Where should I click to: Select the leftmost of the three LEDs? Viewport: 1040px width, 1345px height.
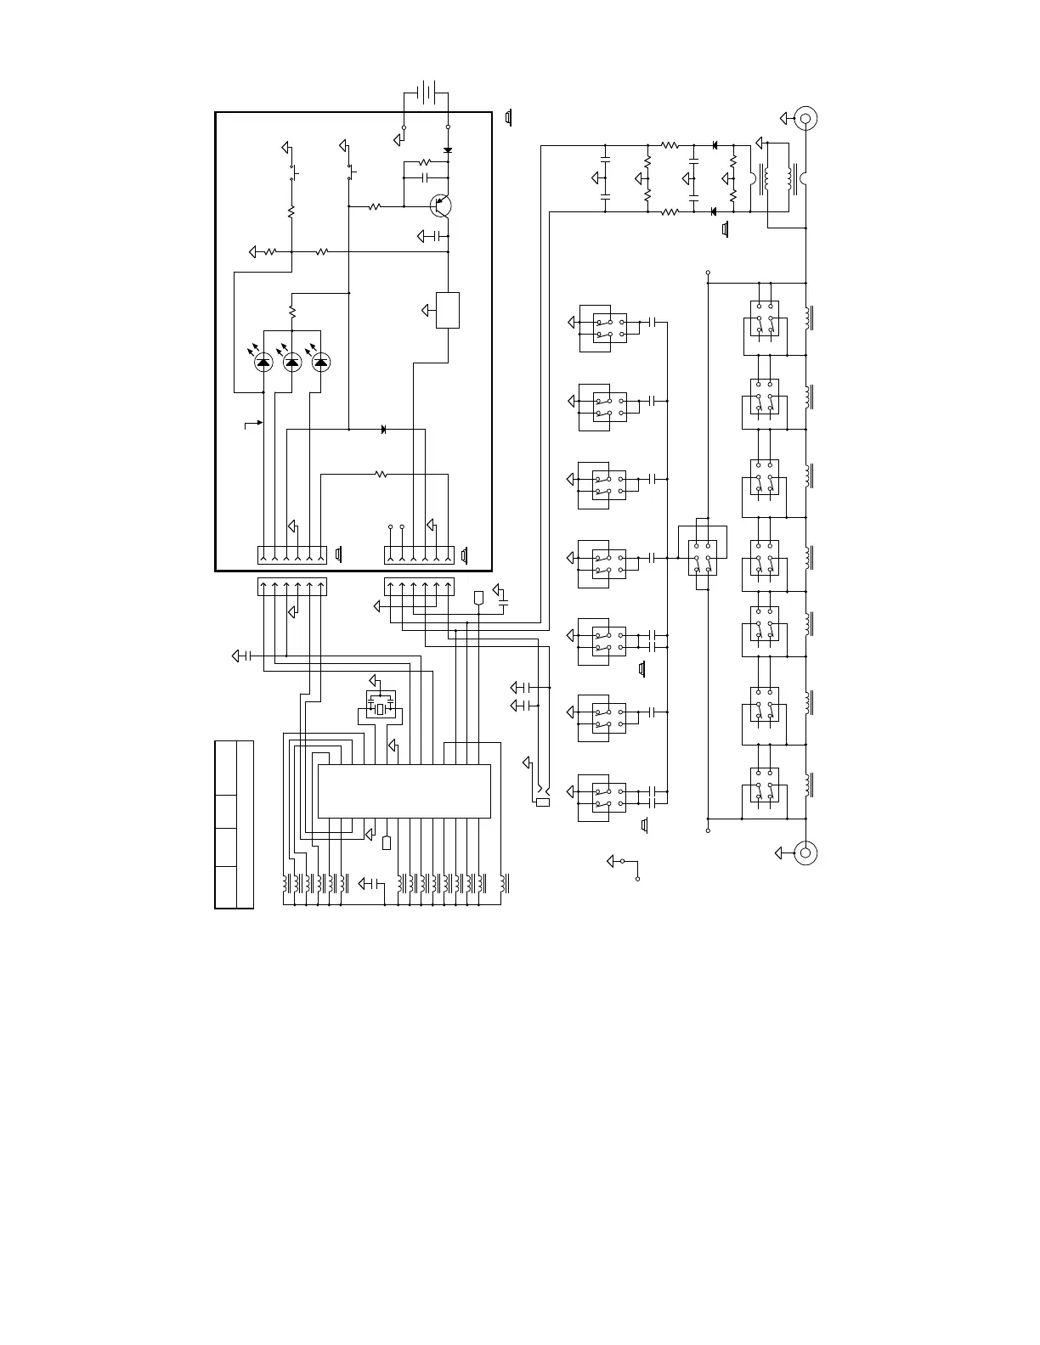[263, 363]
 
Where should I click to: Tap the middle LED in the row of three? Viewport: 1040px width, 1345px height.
[291, 363]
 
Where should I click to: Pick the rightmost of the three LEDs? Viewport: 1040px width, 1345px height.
[320, 363]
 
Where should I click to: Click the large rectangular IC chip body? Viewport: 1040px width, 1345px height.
[404, 791]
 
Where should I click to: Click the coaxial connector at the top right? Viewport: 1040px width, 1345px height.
[805, 118]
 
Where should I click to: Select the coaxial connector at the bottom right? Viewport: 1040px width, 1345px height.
[805, 852]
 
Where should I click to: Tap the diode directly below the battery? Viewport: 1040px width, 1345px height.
[448, 150]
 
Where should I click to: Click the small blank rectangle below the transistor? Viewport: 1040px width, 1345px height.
[448, 310]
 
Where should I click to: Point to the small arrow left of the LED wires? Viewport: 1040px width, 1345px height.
[254, 422]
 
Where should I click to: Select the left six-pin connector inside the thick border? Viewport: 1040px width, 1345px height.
[291, 555]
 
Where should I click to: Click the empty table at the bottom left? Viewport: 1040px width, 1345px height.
[234, 824]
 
